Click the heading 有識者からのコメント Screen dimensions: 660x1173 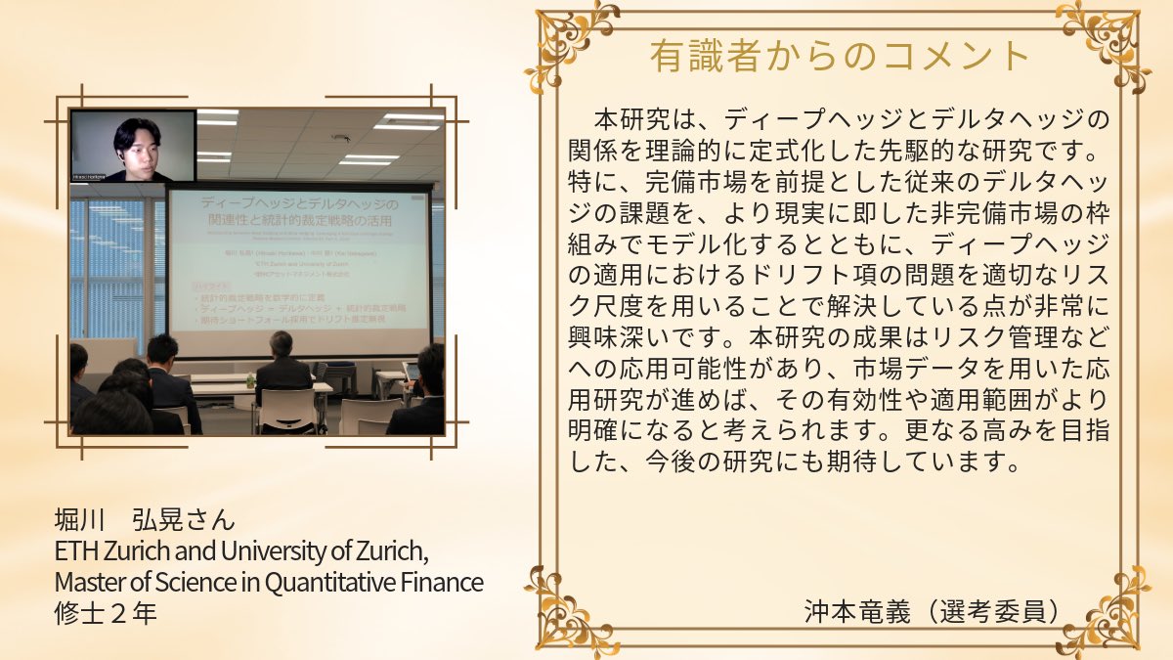click(840, 56)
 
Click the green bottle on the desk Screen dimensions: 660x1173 click(251, 379)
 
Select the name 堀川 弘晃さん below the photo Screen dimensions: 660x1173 click(145, 518)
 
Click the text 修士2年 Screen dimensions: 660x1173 click(106, 614)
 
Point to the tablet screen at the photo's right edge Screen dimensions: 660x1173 click(413, 372)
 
